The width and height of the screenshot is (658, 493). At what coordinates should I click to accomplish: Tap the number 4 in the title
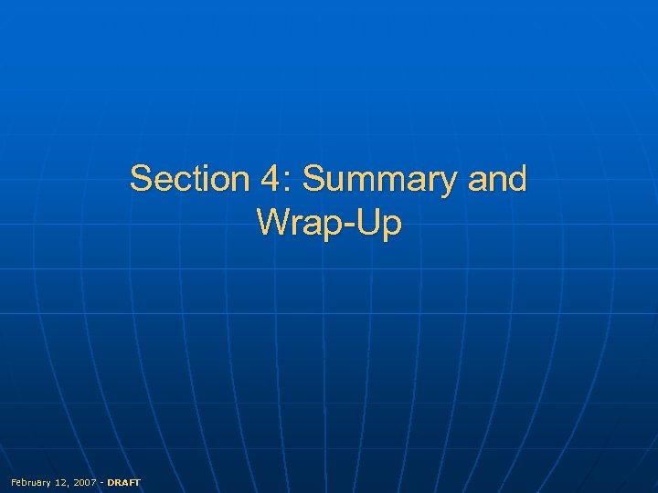click(x=271, y=179)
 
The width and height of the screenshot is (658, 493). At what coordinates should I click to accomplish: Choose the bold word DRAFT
click(x=123, y=482)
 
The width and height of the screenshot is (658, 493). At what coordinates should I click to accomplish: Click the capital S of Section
click(x=142, y=179)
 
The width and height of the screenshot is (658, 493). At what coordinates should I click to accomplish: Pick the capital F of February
click(x=12, y=482)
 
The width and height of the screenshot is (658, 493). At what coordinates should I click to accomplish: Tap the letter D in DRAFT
click(x=111, y=482)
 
